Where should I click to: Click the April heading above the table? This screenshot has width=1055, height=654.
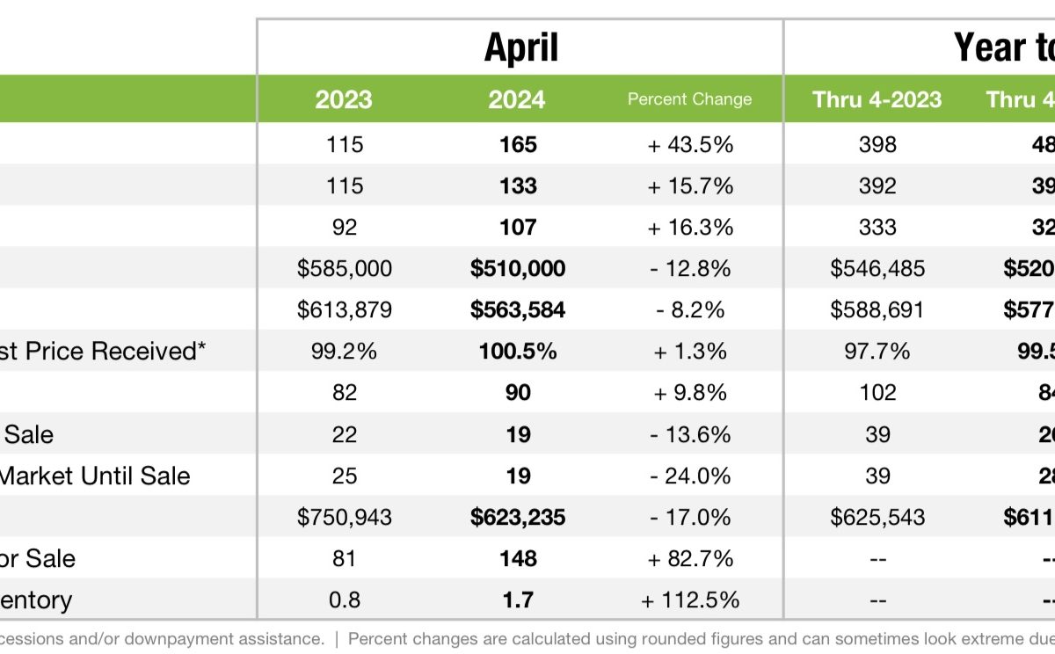click(x=520, y=47)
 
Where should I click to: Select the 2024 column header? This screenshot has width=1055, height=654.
click(x=517, y=99)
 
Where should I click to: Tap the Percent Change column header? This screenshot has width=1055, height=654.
click(x=689, y=99)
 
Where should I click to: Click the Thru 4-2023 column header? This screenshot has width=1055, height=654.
click(x=877, y=99)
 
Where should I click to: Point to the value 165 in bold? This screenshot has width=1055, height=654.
click(x=518, y=144)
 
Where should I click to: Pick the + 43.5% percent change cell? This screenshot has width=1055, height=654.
click(x=690, y=144)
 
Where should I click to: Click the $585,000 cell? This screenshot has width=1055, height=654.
click(x=345, y=268)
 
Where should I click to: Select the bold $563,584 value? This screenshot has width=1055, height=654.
click(x=518, y=309)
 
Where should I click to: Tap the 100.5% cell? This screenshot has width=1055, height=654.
click(x=518, y=351)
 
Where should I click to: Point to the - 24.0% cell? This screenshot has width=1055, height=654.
click(x=690, y=476)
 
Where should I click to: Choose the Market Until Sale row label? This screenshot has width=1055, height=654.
click(x=95, y=476)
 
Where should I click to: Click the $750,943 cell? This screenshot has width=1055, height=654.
click(x=345, y=517)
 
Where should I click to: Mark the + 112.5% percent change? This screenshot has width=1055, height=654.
click(x=690, y=600)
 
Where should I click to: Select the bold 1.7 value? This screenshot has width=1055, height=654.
click(x=518, y=600)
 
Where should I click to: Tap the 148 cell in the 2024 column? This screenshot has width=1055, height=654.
click(x=518, y=559)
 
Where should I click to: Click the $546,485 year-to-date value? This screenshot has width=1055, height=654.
click(x=877, y=268)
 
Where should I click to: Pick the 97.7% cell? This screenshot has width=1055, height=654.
click(x=877, y=351)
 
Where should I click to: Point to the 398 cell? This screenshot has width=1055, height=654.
click(x=877, y=144)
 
